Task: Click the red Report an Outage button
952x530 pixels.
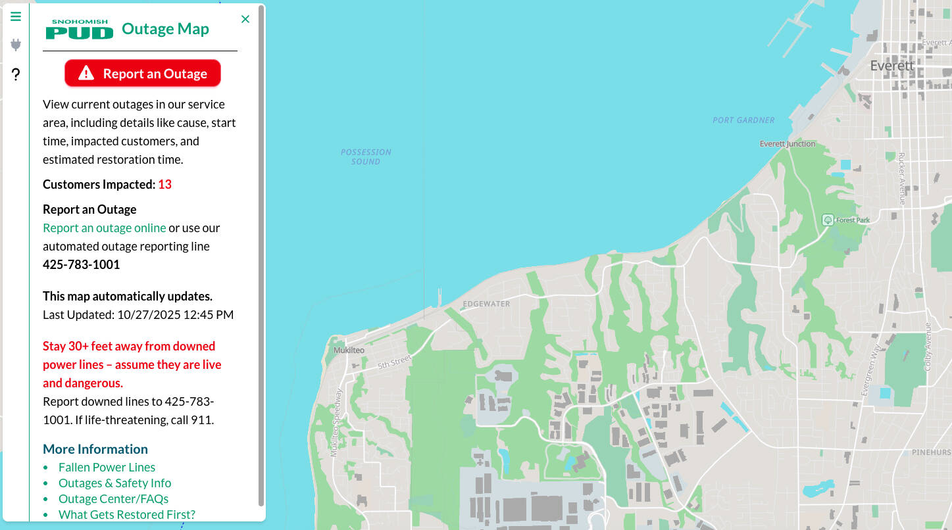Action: click(x=143, y=74)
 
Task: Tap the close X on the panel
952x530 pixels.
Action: click(x=245, y=19)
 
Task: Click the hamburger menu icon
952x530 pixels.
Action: click(x=16, y=16)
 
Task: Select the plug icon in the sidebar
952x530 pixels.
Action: click(x=16, y=45)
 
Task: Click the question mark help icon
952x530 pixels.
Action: click(x=16, y=74)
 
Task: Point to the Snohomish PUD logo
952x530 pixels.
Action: click(x=80, y=29)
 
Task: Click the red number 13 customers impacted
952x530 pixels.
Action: click(x=164, y=184)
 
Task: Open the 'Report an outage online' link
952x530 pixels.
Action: click(x=104, y=228)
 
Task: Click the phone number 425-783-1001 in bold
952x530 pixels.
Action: click(x=81, y=264)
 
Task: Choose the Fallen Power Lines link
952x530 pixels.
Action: click(x=107, y=467)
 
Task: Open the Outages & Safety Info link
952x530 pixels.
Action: click(x=114, y=483)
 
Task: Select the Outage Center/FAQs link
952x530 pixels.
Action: click(x=113, y=498)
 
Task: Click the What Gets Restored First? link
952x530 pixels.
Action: click(x=126, y=514)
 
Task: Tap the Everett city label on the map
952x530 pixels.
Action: click(x=891, y=66)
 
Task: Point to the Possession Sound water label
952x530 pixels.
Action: click(x=366, y=157)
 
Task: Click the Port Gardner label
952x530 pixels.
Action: click(x=743, y=120)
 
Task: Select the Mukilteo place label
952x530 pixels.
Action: click(x=349, y=350)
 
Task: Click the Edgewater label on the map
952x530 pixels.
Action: click(x=486, y=304)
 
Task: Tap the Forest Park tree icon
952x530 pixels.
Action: click(x=828, y=220)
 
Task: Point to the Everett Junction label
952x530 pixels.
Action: click(x=787, y=143)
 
